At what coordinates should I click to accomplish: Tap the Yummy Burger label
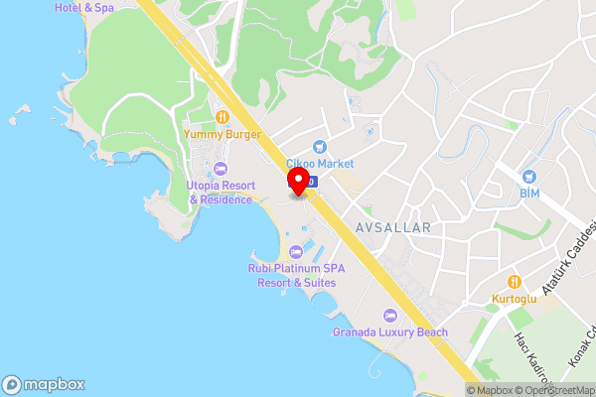click(223, 134)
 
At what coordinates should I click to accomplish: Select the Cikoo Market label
click(320, 164)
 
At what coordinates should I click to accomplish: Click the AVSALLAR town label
click(393, 227)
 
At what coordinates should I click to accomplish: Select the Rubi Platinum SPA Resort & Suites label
click(292, 275)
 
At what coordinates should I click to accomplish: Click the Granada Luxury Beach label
click(390, 331)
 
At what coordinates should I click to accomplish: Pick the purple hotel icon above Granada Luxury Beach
click(389, 315)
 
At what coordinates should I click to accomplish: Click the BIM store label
click(528, 194)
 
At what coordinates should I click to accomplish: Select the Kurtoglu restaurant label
click(514, 298)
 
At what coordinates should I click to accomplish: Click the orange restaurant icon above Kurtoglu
click(514, 281)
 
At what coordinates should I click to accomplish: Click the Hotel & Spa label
click(84, 8)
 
